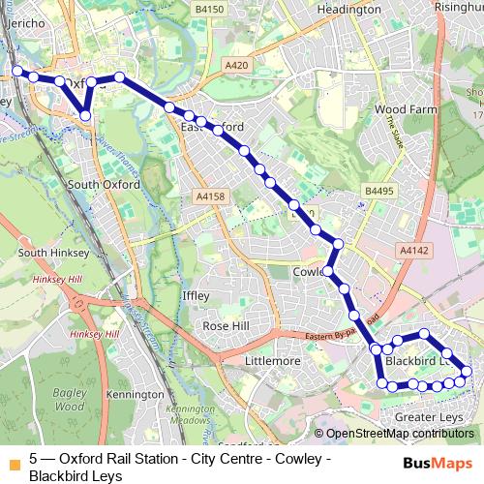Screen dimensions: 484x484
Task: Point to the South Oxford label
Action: (104, 184)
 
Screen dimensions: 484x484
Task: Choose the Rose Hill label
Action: (228, 326)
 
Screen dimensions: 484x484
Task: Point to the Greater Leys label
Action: (428, 417)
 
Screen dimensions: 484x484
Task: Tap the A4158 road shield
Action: (209, 197)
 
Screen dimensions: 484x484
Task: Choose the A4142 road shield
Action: (413, 250)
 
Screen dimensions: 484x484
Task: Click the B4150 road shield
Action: (208, 9)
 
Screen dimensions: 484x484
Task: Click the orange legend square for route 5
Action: (15, 458)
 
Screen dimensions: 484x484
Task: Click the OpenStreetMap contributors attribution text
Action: (399, 434)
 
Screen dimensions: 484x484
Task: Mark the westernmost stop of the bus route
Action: (16, 71)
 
